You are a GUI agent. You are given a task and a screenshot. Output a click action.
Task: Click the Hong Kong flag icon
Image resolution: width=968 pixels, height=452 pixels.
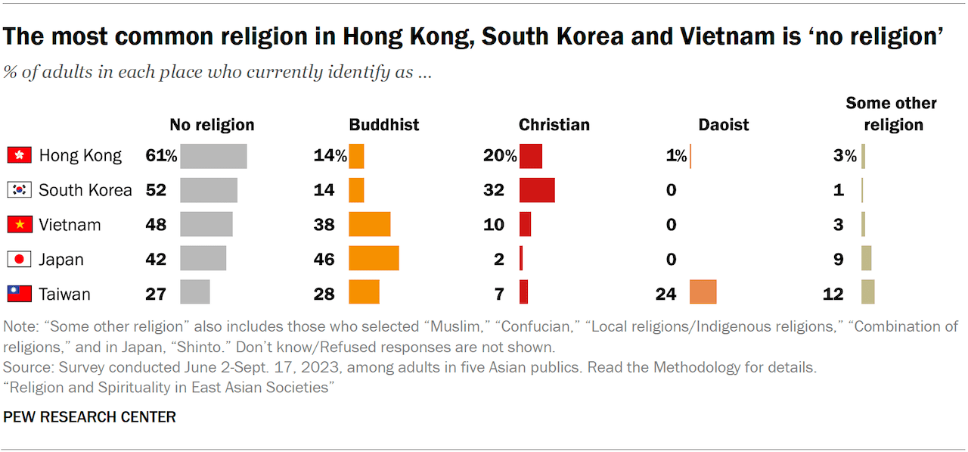click(x=19, y=156)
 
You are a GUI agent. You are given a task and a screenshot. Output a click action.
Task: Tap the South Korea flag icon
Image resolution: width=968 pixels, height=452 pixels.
click(x=19, y=190)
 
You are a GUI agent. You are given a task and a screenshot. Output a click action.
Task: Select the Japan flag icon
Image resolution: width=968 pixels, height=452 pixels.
click(x=19, y=259)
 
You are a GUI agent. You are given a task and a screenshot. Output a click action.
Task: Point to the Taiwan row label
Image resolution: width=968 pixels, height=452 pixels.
click(x=65, y=294)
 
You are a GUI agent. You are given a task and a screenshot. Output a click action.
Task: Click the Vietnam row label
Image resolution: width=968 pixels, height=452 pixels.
click(x=70, y=225)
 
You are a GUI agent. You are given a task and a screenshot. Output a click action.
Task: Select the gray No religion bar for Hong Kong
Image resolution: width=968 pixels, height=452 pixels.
click(x=213, y=156)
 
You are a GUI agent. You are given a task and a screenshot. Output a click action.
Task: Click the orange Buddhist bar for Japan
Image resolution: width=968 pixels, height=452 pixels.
click(x=374, y=259)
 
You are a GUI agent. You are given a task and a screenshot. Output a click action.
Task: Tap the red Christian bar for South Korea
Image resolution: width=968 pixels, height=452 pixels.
click(x=537, y=190)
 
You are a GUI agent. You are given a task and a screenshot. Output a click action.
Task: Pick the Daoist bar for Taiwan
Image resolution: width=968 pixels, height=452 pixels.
click(x=703, y=292)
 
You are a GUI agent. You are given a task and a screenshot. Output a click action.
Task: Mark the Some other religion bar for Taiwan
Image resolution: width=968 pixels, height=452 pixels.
click(x=867, y=292)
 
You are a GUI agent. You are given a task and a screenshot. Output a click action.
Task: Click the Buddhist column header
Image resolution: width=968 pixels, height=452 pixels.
click(x=384, y=125)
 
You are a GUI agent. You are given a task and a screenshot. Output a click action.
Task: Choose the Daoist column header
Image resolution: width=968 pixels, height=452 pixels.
click(x=724, y=125)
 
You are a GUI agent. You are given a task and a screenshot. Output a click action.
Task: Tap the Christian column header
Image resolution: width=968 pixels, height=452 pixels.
click(x=554, y=125)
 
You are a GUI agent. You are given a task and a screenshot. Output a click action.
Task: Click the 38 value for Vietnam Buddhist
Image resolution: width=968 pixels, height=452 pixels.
click(x=324, y=225)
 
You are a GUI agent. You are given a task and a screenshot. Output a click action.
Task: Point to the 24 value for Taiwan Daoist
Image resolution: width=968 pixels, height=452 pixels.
click(x=665, y=294)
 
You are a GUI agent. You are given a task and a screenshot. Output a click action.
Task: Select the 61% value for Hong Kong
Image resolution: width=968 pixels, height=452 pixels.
click(x=161, y=156)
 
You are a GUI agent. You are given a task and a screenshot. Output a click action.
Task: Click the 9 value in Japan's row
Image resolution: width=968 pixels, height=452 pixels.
click(x=838, y=259)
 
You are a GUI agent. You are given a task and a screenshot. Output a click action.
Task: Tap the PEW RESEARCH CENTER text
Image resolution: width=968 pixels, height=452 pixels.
click(x=90, y=417)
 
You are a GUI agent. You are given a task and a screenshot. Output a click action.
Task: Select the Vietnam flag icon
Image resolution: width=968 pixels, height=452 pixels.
click(x=19, y=225)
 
